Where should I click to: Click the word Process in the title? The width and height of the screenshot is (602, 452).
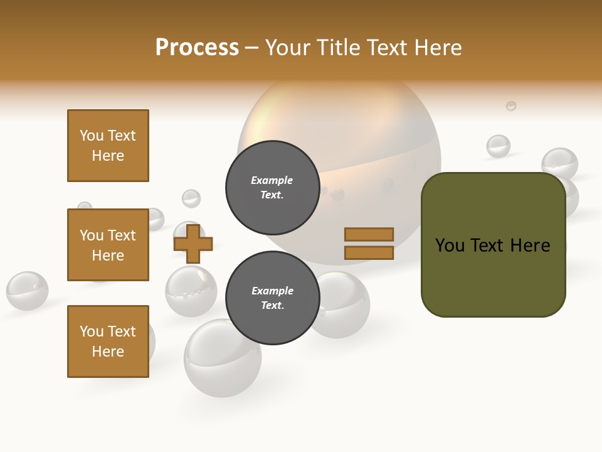click(x=197, y=47)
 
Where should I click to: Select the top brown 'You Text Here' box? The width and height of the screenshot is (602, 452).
click(x=108, y=146)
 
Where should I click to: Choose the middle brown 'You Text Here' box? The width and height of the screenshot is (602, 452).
click(x=108, y=245)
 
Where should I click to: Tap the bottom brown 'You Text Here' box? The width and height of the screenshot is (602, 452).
click(x=108, y=342)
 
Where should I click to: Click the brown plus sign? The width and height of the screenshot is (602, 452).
click(x=193, y=244)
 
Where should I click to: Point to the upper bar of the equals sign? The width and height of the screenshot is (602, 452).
click(x=369, y=234)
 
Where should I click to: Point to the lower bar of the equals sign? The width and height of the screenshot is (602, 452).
click(x=369, y=253)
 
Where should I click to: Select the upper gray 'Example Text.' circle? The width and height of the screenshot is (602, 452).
click(x=272, y=187)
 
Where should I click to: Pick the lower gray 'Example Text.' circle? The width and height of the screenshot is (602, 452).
click(x=272, y=298)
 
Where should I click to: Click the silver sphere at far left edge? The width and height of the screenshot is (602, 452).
click(x=27, y=291)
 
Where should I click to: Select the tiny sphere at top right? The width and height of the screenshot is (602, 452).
click(x=511, y=105)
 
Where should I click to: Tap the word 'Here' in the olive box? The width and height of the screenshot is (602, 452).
click(x=530, y=245)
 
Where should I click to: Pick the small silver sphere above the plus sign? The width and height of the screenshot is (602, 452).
click(x=191, y=198)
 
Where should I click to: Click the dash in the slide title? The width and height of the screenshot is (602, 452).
click(x=251, y=48)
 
